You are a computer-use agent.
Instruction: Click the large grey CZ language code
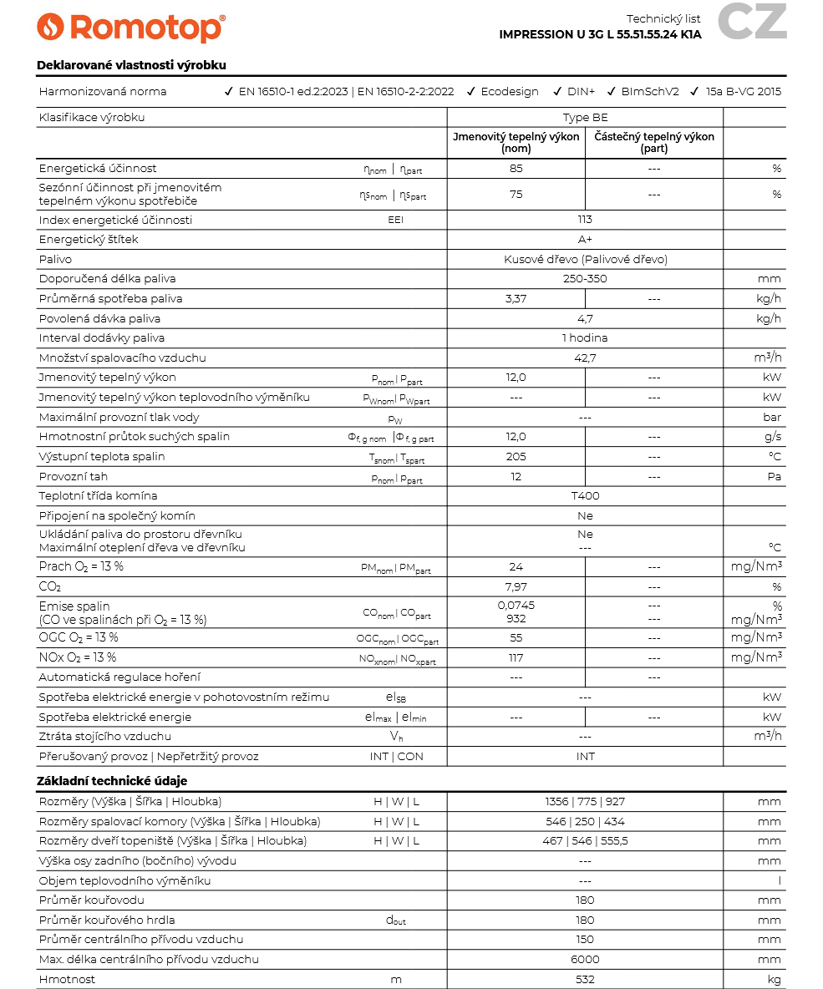752,23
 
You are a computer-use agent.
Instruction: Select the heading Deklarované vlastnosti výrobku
131,65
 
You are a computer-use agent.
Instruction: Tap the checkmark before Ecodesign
471,92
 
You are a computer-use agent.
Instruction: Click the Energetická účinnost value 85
516,169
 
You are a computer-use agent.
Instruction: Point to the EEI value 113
585,220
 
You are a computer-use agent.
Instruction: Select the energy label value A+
585,240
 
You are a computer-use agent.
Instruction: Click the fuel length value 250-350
585,279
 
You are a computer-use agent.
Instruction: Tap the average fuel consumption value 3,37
516,299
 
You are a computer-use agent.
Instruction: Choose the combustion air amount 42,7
585,358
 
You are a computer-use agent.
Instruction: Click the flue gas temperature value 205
516,457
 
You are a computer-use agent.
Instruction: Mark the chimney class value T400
585,496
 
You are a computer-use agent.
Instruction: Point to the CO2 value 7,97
516,587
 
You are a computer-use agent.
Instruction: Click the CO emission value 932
516,619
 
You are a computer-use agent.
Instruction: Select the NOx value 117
516,658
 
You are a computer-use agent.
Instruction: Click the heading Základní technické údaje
112,781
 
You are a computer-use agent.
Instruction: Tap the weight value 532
585,979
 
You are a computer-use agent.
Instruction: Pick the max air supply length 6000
585,960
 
